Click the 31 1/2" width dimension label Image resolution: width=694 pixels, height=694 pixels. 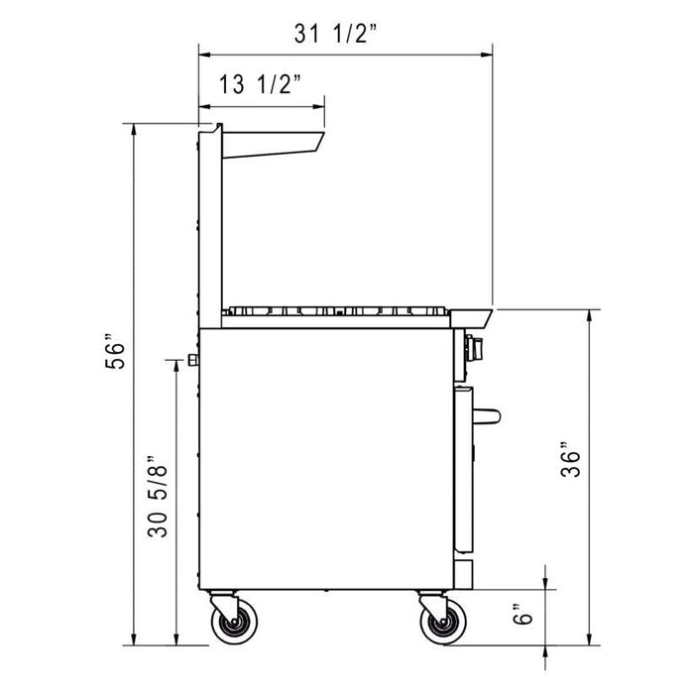pyautogui.click(x=337, y=34)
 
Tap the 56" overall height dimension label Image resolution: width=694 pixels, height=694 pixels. pyautogui.click(x=118, y=354)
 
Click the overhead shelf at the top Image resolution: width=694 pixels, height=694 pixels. pyautogui.click(x=273, y=144)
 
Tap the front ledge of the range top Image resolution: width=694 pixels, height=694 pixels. pyautogui.click(x=474, y=317)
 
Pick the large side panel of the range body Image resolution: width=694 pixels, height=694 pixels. pyautogui.click(x=327, y=456)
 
